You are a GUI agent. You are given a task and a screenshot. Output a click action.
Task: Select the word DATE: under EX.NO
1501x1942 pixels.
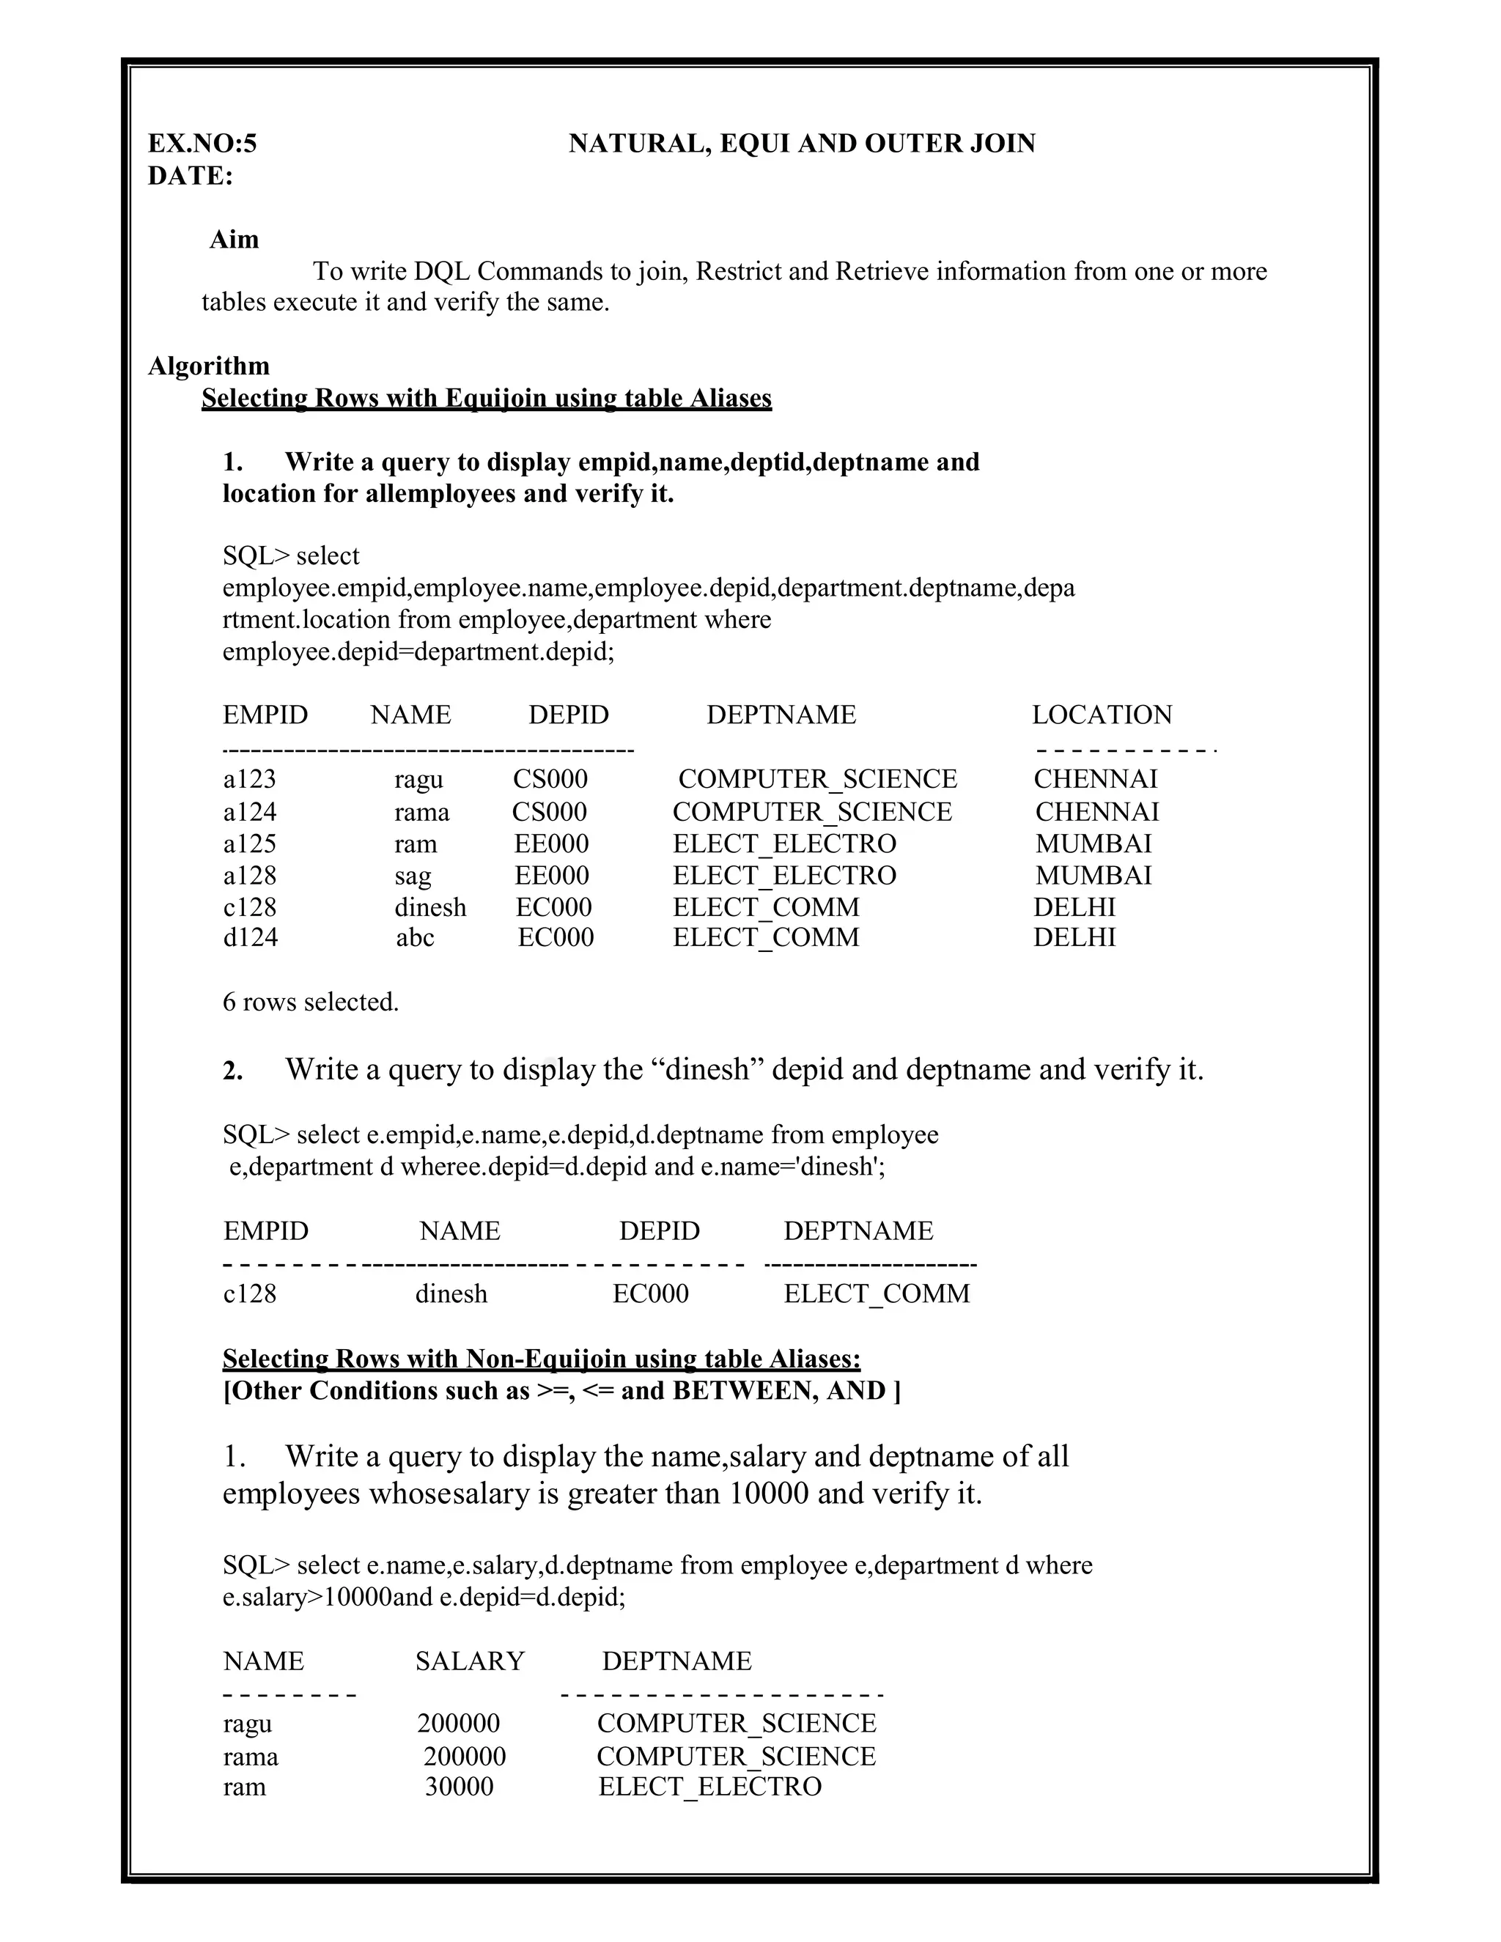pyautogui.click(x=189, y=176)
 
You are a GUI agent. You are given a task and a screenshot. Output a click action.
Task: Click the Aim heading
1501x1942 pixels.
pyautogui.click(x=234, y=239)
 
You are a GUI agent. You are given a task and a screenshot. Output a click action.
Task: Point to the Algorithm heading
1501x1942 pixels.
pyautogui.click(x=208, y=366)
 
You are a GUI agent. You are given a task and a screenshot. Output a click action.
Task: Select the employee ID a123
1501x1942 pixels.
pyautogui.click(x=249, y=779)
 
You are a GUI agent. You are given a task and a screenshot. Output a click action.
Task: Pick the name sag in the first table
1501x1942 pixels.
pyautogui.click(x=413, y=875)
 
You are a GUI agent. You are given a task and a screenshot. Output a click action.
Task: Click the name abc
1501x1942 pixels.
pyautogui.click(x=414, y=937)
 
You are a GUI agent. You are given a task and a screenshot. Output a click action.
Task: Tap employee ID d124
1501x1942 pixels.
pyautogui.click(x=250, y=937)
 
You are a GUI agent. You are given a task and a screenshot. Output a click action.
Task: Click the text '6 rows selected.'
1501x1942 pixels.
pyautogui.click(x=310, y=1002)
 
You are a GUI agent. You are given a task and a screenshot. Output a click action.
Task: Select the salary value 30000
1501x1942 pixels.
pyautogui.click(x=459, y=1787)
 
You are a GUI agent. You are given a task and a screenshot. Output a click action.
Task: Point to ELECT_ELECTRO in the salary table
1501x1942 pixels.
pyautogui.click(x=709, y=1787)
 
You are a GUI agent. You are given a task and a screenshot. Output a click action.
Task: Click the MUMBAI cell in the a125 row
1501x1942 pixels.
pyautogui.click(x=1093, y=843)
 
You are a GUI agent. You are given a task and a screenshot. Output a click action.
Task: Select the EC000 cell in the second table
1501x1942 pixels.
pyautogui.click(x=650, y=1293)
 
